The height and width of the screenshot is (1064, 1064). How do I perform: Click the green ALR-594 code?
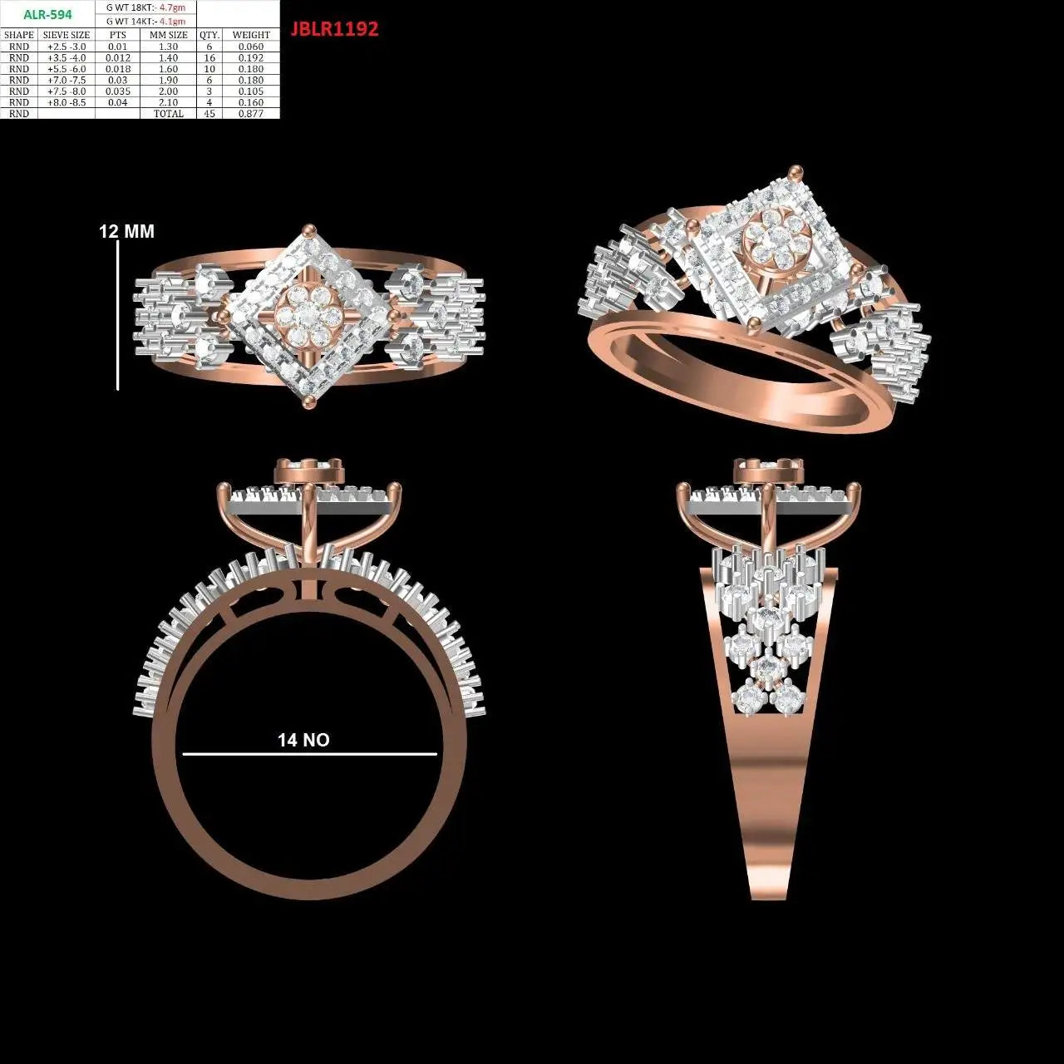47,15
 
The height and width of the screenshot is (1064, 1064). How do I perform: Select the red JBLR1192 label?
335,29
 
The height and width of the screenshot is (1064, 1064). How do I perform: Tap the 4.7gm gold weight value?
172,8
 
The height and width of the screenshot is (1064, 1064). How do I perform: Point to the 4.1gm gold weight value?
172,22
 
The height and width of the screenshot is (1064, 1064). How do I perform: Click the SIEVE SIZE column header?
66,35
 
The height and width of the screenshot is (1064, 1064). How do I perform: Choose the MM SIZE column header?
169,35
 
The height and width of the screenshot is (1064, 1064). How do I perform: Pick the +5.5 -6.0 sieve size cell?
66,69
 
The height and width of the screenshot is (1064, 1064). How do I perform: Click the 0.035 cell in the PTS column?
117,91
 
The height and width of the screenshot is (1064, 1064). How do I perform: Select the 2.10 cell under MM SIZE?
169,102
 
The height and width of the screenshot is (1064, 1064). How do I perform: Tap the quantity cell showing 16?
209,57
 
